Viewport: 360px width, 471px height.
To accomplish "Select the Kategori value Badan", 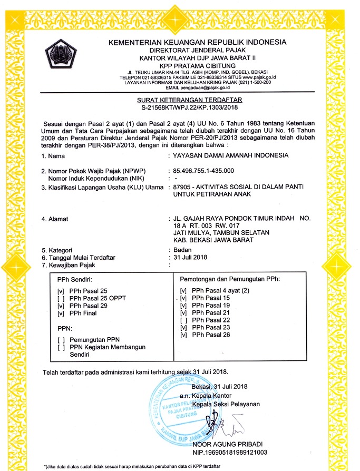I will pos(182,250).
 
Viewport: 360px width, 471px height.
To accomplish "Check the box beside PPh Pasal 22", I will pos(184,320).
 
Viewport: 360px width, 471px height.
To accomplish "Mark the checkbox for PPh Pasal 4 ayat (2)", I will pos(184,291).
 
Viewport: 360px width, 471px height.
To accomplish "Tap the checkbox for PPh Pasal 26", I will pos(184,335).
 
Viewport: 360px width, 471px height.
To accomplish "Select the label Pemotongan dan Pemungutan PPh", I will pos(230,278).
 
